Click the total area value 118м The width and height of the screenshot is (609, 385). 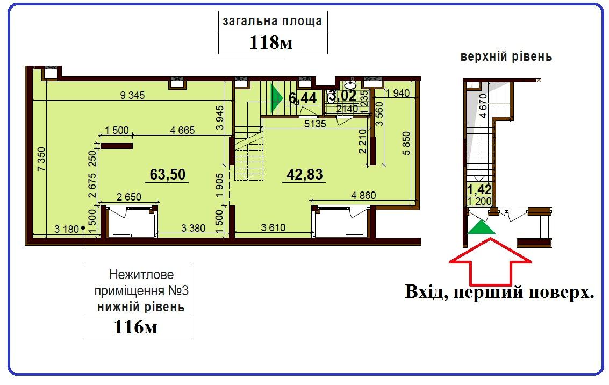pyautogui.click(x=271, y=42)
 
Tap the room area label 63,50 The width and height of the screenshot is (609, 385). pyautogui.click(x=168, y=174)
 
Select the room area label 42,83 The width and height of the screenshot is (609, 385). pyautogui.click(x=304, y=174)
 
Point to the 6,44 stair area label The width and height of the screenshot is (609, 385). pyautogui.click(x=303, y=98)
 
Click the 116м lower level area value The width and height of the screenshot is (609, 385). pyautogui.click(x=135, y=327)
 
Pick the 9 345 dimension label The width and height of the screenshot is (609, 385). pyautogui.click(x=132, y=95)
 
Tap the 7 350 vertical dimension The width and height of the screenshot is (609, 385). pyautogui.click(x=41, y=159)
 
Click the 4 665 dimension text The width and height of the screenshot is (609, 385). pyautogui.click(x=182, y=130)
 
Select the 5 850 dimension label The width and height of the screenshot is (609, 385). pyautogui.click(x=406, y=144)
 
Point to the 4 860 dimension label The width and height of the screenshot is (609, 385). pyautogui.click(x=363, y=195)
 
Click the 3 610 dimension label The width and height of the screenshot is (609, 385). pyautogui.click(x=273, y=227)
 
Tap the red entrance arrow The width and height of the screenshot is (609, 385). pyautogui.click(x=490, y=261)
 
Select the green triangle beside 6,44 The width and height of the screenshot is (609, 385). pyautogui.click(x=276, y=98)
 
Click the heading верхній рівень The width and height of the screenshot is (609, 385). pyautogui.click(x=506, y=56)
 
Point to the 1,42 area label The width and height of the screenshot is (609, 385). pyautogui.click(x=479, y=190)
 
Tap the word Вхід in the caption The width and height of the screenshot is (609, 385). pyautogui.click(x=426, y=292)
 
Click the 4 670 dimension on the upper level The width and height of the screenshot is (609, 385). pyautogui.click(x=483, y=106)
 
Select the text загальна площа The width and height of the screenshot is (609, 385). pyautogui.click(x=273, y=22)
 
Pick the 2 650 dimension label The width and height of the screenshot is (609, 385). pyautogui.click(x=128, y=197)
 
